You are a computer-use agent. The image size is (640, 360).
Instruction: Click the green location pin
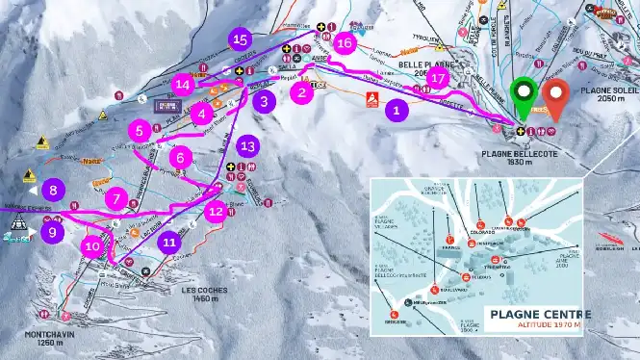(524, 94)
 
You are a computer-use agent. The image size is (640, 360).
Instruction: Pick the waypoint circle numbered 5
(141, 129)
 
